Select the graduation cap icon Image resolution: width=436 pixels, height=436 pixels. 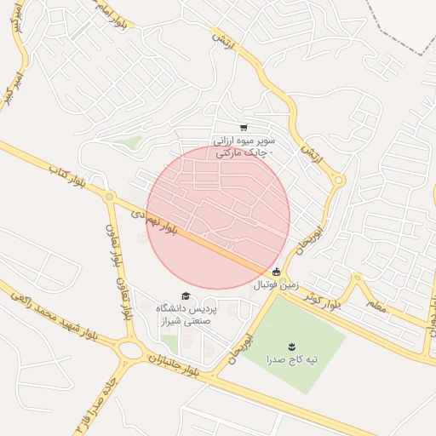[186, 295]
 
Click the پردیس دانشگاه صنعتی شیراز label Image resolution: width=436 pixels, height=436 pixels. [186, 313]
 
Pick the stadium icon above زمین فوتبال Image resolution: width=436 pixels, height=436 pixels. [275, 272]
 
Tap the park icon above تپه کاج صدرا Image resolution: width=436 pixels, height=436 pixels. [292, 345]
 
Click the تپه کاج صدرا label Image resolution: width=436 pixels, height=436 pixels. [292, 360]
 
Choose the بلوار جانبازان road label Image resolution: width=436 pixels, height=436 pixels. [170, 364]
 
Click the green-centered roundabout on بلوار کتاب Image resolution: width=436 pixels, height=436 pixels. [109, 197]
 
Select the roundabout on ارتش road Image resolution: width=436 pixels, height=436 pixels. [338, 180]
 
